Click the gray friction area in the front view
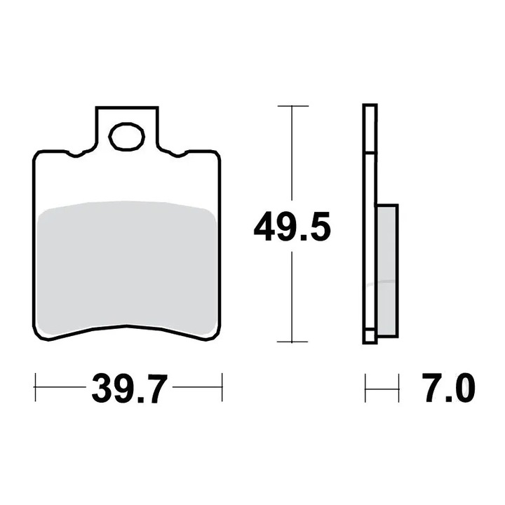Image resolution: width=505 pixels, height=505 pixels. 127,267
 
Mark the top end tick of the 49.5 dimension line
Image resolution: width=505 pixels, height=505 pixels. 292,106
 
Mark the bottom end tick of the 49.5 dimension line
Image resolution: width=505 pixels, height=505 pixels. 292,342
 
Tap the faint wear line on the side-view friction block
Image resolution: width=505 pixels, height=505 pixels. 382,283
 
